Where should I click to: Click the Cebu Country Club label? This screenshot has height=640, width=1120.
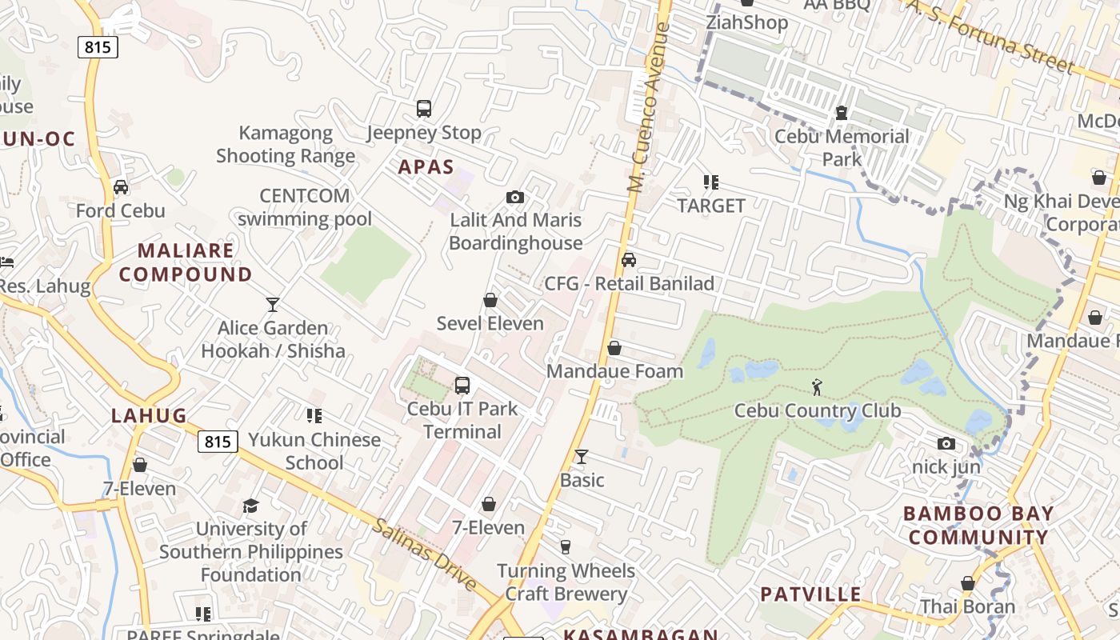(818, 410)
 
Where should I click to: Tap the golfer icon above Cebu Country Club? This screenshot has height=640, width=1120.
(817, 387)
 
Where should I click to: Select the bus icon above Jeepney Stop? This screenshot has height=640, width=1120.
(424, 109)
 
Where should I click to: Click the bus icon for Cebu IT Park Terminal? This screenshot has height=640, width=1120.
(462, 385)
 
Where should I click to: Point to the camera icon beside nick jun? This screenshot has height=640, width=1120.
(946, 443)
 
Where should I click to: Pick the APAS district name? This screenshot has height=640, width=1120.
(426, 167)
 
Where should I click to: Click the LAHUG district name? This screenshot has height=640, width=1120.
(149, 415)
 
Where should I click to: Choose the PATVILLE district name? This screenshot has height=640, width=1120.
(810, 594)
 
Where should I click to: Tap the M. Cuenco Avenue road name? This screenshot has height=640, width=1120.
(648, 108)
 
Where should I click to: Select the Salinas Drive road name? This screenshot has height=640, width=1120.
(425, 554)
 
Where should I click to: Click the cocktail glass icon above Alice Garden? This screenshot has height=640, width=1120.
(273, 304)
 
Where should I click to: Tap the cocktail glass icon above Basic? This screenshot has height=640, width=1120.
(582, 457)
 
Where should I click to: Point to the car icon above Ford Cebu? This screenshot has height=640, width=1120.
(121, 187)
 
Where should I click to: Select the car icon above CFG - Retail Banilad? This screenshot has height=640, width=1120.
(629, 260)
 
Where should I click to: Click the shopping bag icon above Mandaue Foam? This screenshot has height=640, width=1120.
(614, 348)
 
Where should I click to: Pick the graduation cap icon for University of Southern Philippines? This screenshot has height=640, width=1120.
(251, 506)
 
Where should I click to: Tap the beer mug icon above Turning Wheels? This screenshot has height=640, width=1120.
(566, 547)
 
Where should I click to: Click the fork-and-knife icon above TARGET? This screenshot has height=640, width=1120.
(710, 182)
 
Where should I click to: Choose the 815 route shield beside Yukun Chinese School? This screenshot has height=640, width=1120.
(218, 442)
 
